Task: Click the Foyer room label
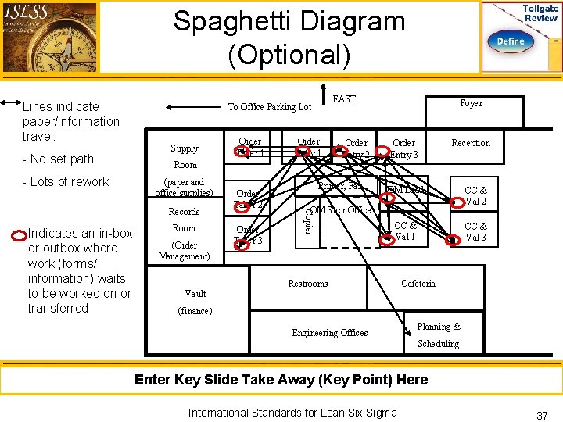coord(471,103)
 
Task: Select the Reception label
coord(471,143)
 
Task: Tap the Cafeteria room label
coord(418,284)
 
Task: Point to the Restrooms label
coord(308,284)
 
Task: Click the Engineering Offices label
coord(330,333)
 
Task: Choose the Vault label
coord(195,293)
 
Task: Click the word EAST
coord(344,99)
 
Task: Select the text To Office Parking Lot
coord(269,107)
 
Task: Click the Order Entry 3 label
coord(403,148)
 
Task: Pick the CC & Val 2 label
coord(475,195)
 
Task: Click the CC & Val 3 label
coord(475,232)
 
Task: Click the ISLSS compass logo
coord(50,37)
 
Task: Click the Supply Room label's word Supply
coord(185,148)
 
